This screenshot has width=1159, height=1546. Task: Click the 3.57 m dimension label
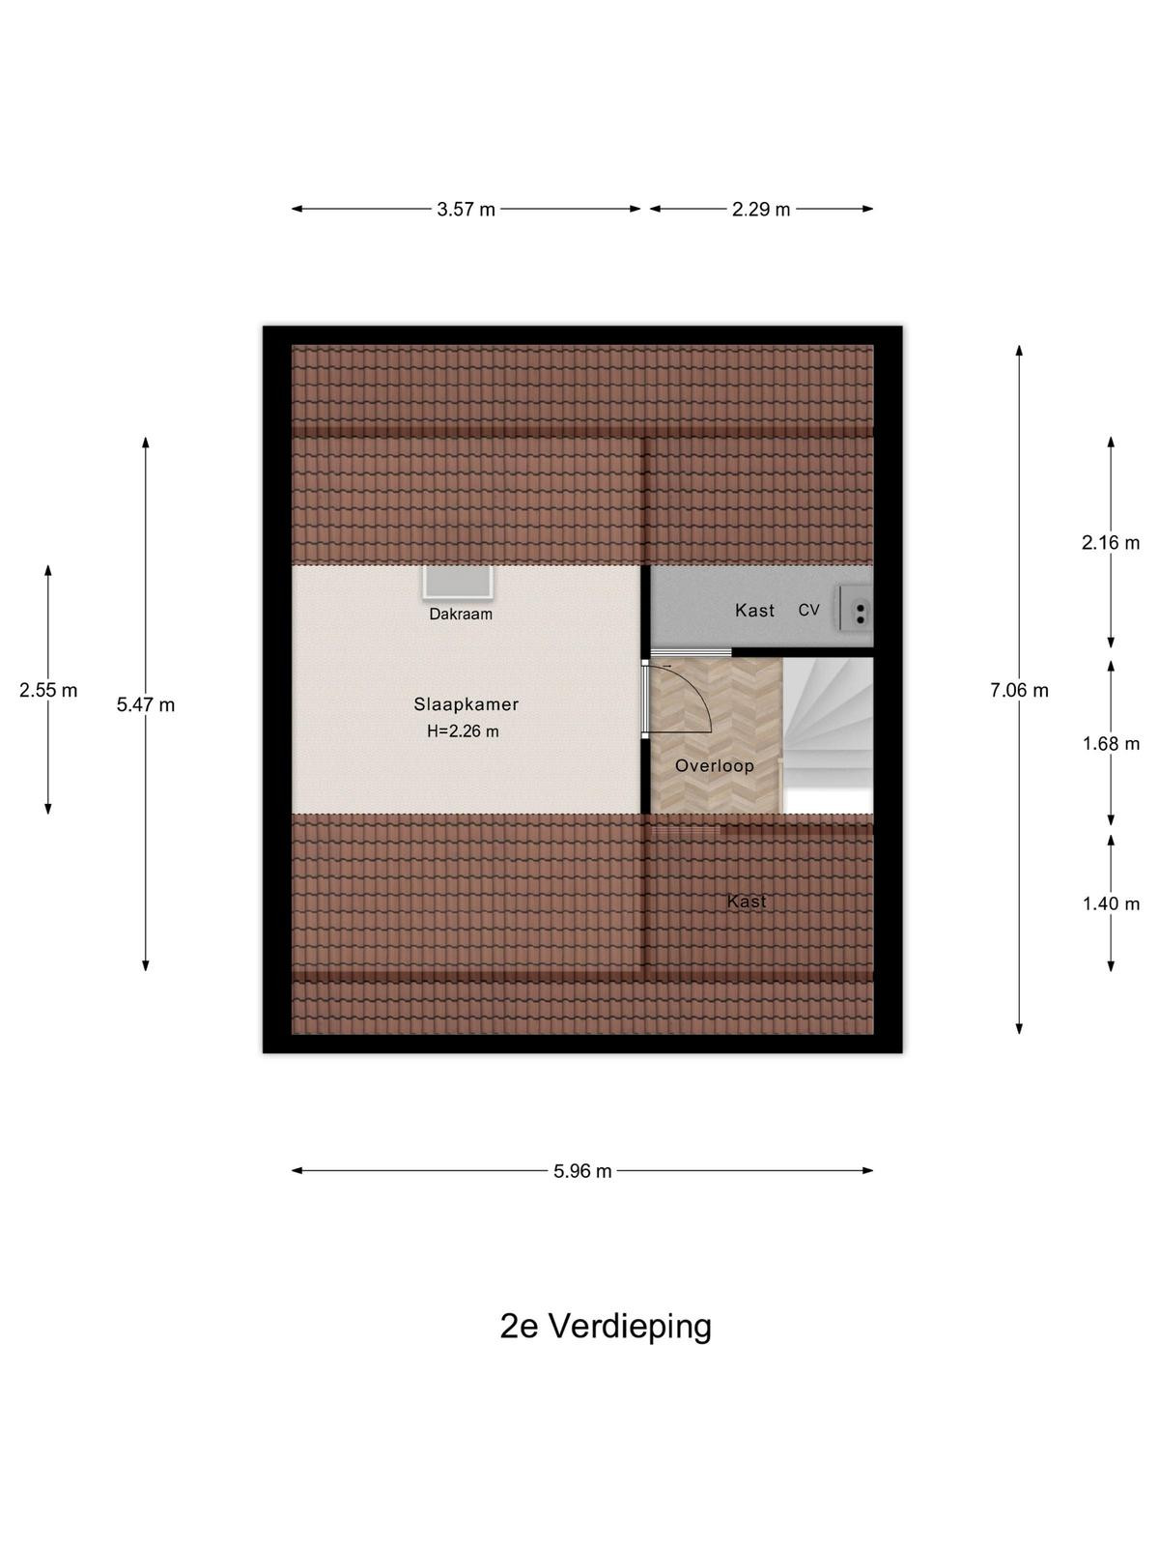466,209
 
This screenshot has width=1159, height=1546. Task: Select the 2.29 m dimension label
761,209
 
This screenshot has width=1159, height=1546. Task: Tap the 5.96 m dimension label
582,1170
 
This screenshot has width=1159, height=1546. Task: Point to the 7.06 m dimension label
1019,690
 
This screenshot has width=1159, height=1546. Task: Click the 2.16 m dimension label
1111,542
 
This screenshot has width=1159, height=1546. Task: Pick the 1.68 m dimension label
1111,743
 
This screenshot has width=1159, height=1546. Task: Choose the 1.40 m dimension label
1111,903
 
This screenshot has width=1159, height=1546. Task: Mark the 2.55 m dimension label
48,690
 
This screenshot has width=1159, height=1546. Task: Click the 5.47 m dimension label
146,704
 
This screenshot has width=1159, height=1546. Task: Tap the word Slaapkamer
466,704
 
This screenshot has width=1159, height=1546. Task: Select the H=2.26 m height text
463,731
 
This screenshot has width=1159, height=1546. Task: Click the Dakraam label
461,615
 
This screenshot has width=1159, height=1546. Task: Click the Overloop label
715,765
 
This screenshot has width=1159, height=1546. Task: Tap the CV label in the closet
808,610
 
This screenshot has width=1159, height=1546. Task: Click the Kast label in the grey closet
754,610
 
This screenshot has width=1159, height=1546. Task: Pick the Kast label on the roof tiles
747,901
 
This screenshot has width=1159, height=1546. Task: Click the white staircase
828,735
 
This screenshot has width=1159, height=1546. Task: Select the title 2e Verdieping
606,1327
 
